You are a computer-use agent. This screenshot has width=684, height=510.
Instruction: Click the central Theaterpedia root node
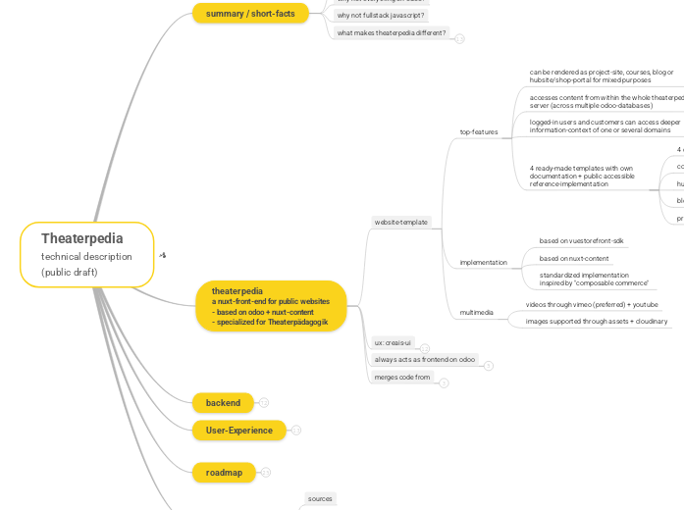tap(86, 254)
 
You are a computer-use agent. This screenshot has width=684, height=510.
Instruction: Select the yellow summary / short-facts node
tap(250, 13)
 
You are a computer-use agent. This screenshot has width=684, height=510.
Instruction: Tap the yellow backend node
tap(223, 403)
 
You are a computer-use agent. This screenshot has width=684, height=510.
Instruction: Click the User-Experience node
tap(238, 430)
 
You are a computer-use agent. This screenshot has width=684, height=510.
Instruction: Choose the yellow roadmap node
tap(224, 473)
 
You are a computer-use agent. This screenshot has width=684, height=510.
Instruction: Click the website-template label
tap(400, 223)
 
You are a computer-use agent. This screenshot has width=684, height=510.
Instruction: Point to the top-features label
tap(479, 131)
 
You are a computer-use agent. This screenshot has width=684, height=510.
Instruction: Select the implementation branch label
tap(484, 263)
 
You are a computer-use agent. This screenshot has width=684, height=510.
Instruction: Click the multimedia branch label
tap(477, 313)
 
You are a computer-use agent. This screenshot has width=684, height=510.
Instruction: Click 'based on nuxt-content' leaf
tap(574, 259)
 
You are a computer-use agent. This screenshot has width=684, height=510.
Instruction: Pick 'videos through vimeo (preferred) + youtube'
tap(592, 305)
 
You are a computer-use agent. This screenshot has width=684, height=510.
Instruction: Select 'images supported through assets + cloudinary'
tap(597, 321)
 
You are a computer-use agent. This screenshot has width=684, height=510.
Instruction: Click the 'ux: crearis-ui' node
tap(394, 343)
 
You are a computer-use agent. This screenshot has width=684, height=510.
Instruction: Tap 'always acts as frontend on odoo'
tap(425, 360)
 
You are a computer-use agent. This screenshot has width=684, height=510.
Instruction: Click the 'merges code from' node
tap(402, 377)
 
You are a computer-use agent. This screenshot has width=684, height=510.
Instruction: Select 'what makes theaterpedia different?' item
tap(392, 32)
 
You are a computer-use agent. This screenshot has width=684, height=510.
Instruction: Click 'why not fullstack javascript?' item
tap(381, 16)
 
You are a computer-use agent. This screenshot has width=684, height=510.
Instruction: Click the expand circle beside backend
tap(264, 403)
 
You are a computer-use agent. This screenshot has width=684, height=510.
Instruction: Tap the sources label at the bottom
tap(321, 499)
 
